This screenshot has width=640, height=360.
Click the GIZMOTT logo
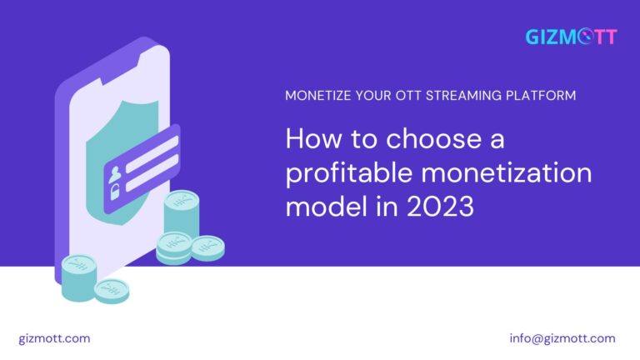click(x=571, y=37)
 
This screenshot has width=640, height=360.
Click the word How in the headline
click(x=309, y=138)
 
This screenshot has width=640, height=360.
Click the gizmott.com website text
click(x=54, y=338)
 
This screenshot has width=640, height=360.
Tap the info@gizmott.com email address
click(x=562, y=338)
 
